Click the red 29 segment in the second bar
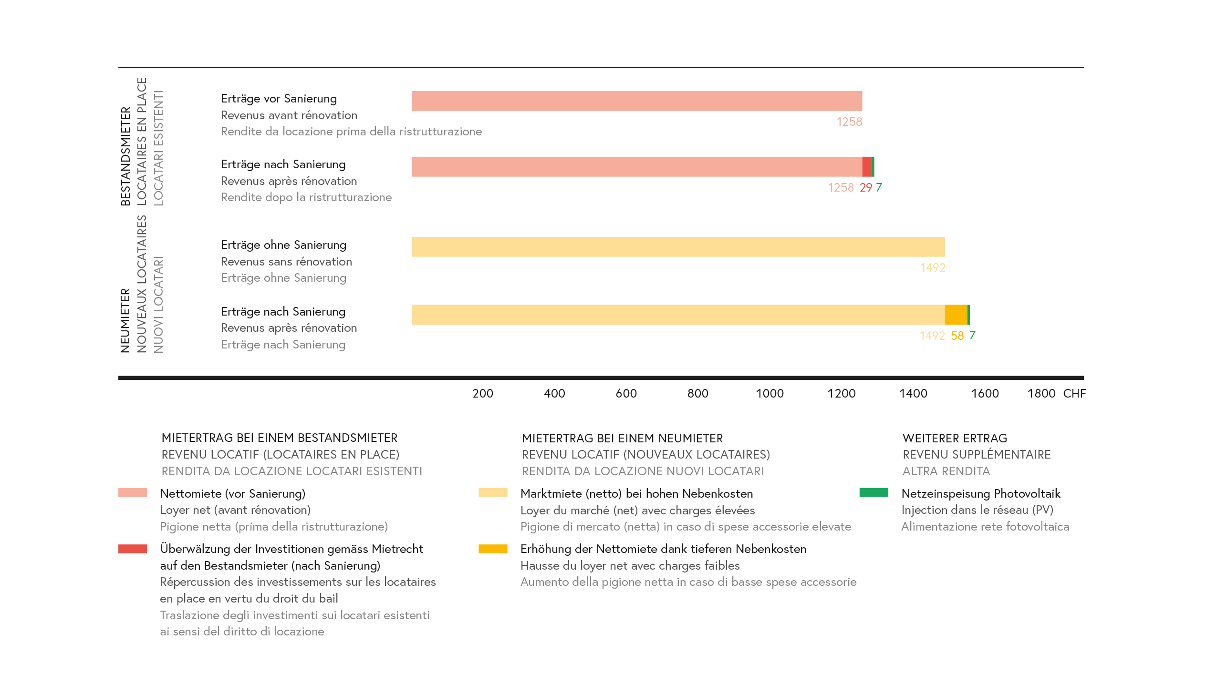pos(867,167)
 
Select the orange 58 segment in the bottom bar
pos(956,315)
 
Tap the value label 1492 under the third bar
pos(933,268)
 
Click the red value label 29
pos(866,188)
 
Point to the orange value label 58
pos(957,336)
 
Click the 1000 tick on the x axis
pos(770,394)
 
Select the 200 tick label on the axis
pos(483,394)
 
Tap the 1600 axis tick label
pos(985,394)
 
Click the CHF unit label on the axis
pos(1074,394)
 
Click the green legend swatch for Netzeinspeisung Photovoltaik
pos(874,493)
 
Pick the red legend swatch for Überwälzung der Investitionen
pos(133,549)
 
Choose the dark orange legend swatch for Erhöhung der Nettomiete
pos(493,549)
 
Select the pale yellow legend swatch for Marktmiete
pos(493,493)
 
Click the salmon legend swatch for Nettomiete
pos(133,493)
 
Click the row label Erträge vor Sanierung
pos(279,99)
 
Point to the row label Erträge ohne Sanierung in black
pos(283,245)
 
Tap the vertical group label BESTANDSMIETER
pos(125,156)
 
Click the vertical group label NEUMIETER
pos(125,320)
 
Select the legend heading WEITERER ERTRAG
pos(955,439)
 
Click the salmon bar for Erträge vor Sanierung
pos(636,101)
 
